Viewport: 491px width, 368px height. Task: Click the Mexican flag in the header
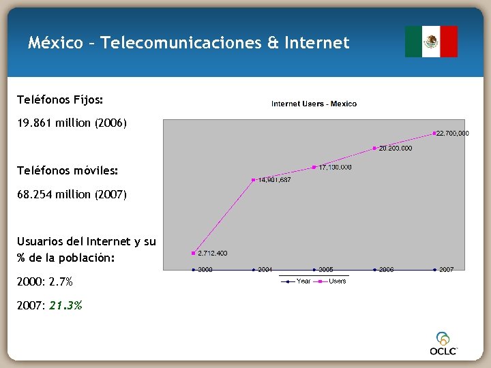431,42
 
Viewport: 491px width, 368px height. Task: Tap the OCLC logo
443,344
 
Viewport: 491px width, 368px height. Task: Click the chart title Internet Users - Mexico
314,104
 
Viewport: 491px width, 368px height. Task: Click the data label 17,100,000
335,167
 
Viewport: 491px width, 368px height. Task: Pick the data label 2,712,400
213,254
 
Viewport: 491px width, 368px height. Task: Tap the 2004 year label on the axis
265,270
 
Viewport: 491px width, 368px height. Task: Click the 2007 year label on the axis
447,270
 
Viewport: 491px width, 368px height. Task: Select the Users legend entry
338,281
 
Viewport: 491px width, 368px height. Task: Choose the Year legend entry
303,281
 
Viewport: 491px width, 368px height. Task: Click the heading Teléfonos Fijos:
60,100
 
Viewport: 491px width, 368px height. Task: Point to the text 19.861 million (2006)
72,124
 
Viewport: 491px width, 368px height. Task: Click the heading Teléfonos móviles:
68,170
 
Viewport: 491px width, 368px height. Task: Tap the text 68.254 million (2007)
72,194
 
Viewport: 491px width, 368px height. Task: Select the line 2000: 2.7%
45,281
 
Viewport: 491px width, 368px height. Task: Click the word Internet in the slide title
317,44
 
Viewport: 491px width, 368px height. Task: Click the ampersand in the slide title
273,44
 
